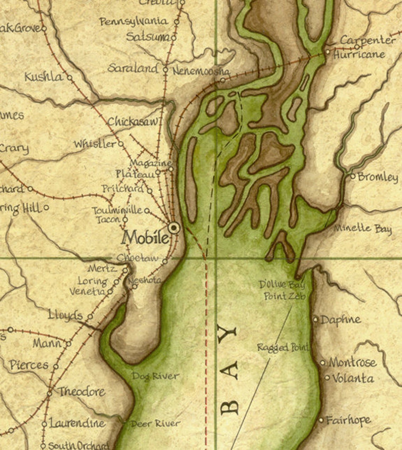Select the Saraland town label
pyautogui.click(x=133, y=68)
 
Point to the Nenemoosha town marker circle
pyautogui.click(x=223, y=80)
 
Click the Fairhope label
pyautogui.click(x=348, y=420)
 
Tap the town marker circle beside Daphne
pyautogui.click(x=316, y=319)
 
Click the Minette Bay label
pyautogui.click(x=363, y=228)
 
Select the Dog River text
pyautogui.click(x=156, y=376)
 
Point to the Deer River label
pyautogui.click(x=155, y=423)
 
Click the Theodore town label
pyautogui.click(x=81, y=391)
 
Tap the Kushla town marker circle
pyautogui.click(x=69, y=77)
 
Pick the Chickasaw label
pyautogui.click(x=133, y=122)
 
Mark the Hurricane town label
pyautogui.click(x=359, y=55)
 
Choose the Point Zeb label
pyautogui.click(x=285, y=296)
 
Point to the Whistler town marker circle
pyautogui.click(x=121, y=144)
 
